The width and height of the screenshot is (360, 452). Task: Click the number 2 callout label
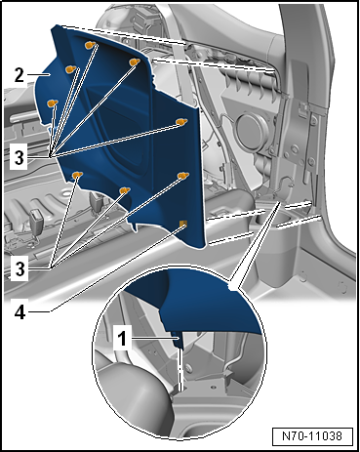20,75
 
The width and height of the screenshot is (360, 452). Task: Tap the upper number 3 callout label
20,157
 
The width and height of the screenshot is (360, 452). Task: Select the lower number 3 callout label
20,269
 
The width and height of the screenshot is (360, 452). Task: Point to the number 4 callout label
20,312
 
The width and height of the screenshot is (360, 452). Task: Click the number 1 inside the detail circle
122,339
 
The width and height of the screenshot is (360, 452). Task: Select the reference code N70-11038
312,435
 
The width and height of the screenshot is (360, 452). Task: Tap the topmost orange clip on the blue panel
90,45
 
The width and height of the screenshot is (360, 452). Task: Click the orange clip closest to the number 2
71,69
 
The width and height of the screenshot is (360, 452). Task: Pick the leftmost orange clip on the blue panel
53,103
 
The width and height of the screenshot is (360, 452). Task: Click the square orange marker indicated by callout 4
183,224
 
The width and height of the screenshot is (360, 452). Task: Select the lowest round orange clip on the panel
125,190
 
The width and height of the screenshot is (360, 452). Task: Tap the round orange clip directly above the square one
183,176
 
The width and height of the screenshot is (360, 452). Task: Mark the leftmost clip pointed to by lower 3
77,176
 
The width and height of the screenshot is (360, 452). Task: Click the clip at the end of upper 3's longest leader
181,122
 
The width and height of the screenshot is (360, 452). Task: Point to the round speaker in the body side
251,131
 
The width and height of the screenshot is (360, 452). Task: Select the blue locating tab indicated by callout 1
179,341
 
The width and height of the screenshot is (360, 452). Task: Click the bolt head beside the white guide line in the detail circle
187,367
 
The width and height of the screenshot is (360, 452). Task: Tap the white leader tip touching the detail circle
233,287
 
